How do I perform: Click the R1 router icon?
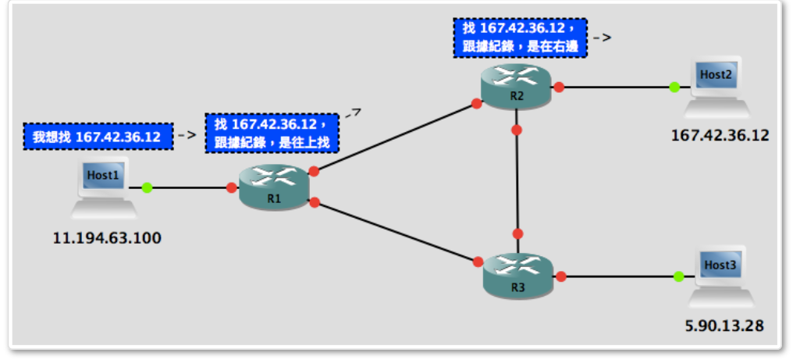pyautogui.click(x=274, y=187)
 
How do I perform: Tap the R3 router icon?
pyautogui.click(x=517, y=275)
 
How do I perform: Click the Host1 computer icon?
pyautogui.click(x=103, y=187)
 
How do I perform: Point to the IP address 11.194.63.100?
pyautogui.click(x=107, y=238)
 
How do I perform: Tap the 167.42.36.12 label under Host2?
pyautogui.click(x=720, y=135)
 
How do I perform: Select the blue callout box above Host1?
pyautogui.click(x=97, y=137)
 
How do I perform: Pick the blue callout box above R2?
pyautogui.click(x=519, y=37)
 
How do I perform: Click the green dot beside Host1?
pyautogui.click(x=146, y=187)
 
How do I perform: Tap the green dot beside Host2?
pyautogui.click(x=674, y=87)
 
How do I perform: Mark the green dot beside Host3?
pyautogui.click(x=678, y=276)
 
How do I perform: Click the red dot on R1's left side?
pyautogui.click(x=231, y=187)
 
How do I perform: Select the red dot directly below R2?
pyautogui.click(x=516, y=130)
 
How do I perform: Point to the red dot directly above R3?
pyautogui.click(x=517, y=233)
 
